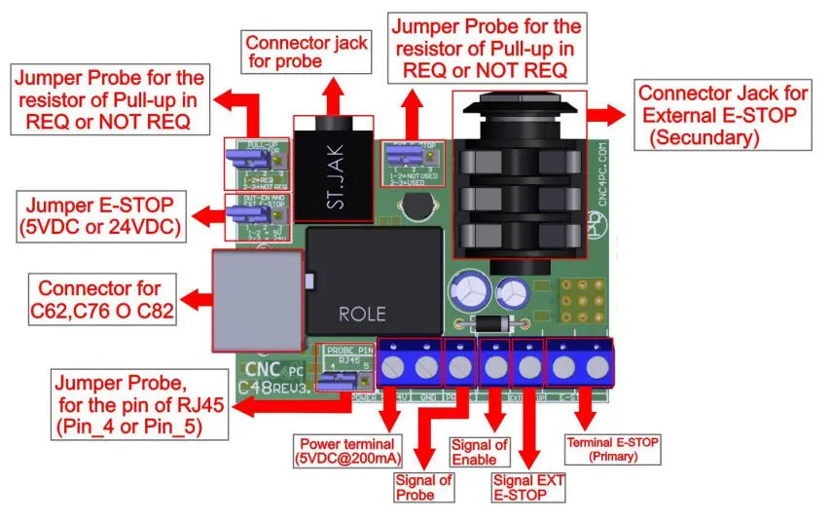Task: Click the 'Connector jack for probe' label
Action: pyautogui.click(x=306, y=53)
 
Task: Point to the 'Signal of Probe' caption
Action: pyautogui.click(x=423, y=487)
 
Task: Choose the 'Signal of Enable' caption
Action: pyautogui.click(x=480, y=452)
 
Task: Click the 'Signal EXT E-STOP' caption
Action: pyautogui.click(x=528, y=487)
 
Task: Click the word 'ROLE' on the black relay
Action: pyautogui.click(x=362, y=314)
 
